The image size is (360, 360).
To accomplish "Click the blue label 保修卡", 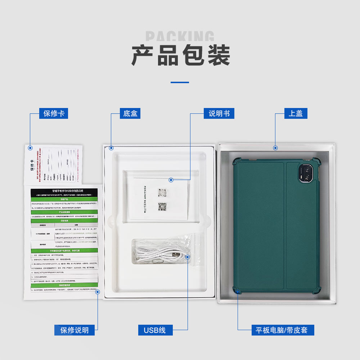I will (54, 113).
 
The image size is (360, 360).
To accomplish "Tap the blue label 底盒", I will (130, 113).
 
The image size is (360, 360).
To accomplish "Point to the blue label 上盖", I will (296, 113).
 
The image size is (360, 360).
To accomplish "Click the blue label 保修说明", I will (75, 330).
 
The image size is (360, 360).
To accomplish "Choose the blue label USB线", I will (155, 330).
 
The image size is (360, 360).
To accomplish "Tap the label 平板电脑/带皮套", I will (283, 330).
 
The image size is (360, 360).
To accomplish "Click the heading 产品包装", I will (180, 55).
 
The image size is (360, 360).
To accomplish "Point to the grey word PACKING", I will (180, 36).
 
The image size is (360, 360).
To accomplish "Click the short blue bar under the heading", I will (180, 82).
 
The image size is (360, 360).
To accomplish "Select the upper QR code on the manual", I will (162, 193).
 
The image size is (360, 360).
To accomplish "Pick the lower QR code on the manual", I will (162, 206).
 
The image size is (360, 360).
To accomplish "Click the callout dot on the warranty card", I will (30, 148).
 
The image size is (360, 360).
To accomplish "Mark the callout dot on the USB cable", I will (187, 257).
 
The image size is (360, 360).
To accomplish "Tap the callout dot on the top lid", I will (275, 148).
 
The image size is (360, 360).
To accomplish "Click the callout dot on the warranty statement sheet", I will (97, 292).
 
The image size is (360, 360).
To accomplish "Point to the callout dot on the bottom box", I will (111, 148).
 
